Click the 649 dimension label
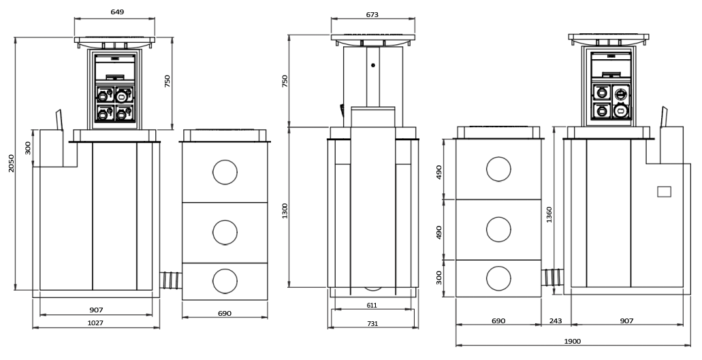[x=117, y=12]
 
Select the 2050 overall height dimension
[x=11, y=163]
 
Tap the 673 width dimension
[x=372, y=15]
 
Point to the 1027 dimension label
[x=95, y=323]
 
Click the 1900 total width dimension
[x=572, y=341]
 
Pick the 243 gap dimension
[x=555, y=321]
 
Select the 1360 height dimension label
[x=549, y=214]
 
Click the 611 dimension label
[x=372, y=306]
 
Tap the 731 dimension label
[x=372, y=323]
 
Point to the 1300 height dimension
[x=285, y=211]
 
